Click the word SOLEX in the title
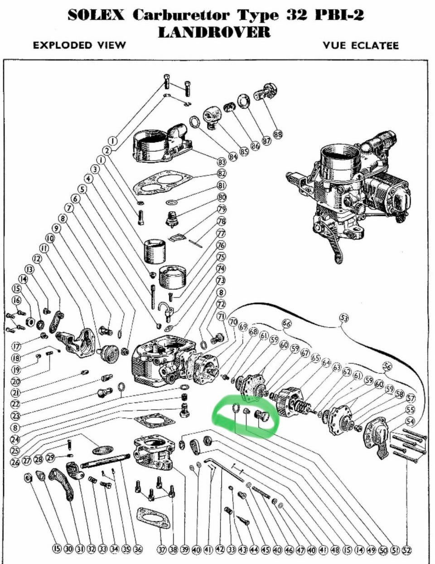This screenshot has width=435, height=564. [96, 15]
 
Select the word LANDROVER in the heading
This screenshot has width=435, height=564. [214, 32]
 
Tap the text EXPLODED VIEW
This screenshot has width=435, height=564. [79, 45]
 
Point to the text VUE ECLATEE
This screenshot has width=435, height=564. [361, 45]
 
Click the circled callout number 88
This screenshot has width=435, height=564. [278, 135]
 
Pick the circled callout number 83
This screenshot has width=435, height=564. [222, 162]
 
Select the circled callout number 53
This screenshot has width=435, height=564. [344, 318]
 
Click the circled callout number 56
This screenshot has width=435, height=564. [387, 366]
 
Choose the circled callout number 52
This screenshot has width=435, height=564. [406, 550]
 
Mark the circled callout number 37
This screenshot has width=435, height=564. [162, 549]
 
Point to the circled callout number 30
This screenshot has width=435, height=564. [68, 549]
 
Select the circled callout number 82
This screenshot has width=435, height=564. [222, 174]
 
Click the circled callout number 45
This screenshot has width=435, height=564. [266, 550]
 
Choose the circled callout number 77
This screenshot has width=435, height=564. [221, 233]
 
